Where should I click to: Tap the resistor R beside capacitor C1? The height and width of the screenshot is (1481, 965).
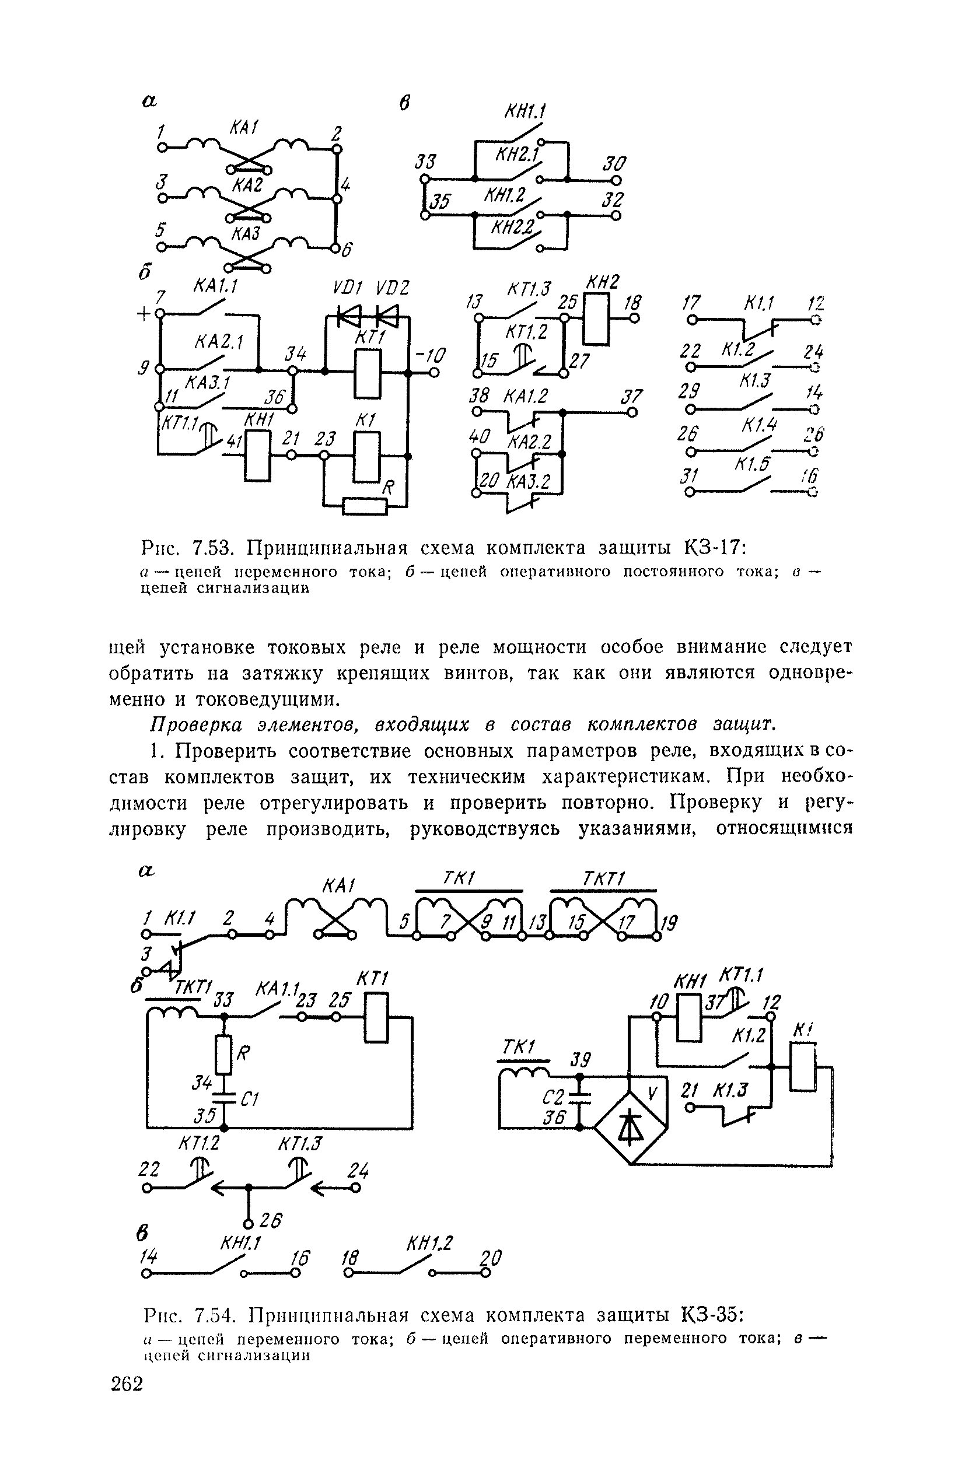tap(225, 1054)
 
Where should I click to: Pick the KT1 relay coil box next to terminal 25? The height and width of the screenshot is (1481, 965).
tap(377, 1018)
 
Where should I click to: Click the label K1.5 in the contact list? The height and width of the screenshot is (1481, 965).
tap(752, 464)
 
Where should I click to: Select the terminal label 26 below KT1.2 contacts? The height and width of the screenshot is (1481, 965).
tap(271, 1221)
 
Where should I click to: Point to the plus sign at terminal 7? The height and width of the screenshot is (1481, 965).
tap(143, 315)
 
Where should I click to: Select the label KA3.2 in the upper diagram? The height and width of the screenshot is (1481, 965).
tap(528, 482)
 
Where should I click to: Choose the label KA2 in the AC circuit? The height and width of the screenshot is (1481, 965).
tap(247, 185)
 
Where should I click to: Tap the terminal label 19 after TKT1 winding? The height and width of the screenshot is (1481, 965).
tap(668, 923)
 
